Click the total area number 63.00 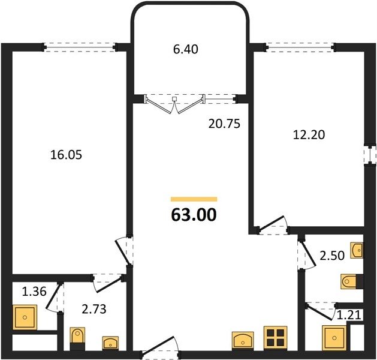(194, 215)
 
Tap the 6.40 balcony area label (185, 49)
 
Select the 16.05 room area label (66, 155)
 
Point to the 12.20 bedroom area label (309, 135)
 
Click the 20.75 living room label (224, 124)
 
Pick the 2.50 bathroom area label (332, 256)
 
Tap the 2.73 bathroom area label (94, 309)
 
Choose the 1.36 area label (34, 292)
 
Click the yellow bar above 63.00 (194, 199)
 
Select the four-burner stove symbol (276, 338)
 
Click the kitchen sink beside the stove (243, 341)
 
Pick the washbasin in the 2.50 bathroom (357, 250)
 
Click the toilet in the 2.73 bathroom (77, 338)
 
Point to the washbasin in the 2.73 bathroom (110, 343)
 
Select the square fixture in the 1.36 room (25, 317)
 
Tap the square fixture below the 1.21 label (334, 338)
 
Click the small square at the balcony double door (174, 99)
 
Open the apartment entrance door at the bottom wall (160, 347)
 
